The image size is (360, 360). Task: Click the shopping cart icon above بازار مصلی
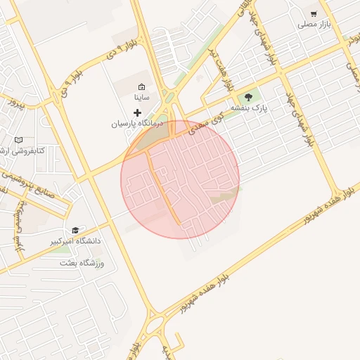[x=314, y=14]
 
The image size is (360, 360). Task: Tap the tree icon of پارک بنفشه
[x=247, y=97]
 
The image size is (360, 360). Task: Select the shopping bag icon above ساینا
[x=141, y=86]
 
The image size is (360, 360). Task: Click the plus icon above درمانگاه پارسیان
[x=137, y=112]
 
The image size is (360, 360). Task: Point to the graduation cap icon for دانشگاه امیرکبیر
[x=75, y=230]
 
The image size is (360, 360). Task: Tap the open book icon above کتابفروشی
[x=18, y=140]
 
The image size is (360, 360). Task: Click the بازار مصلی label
[x=314, y=25]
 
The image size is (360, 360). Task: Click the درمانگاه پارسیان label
[x=136, y=123]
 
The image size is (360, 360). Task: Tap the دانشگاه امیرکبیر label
[x=75, y=241]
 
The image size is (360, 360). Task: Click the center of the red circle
[x=180, y=179]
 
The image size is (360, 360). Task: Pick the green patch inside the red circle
[x=224, y=195]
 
